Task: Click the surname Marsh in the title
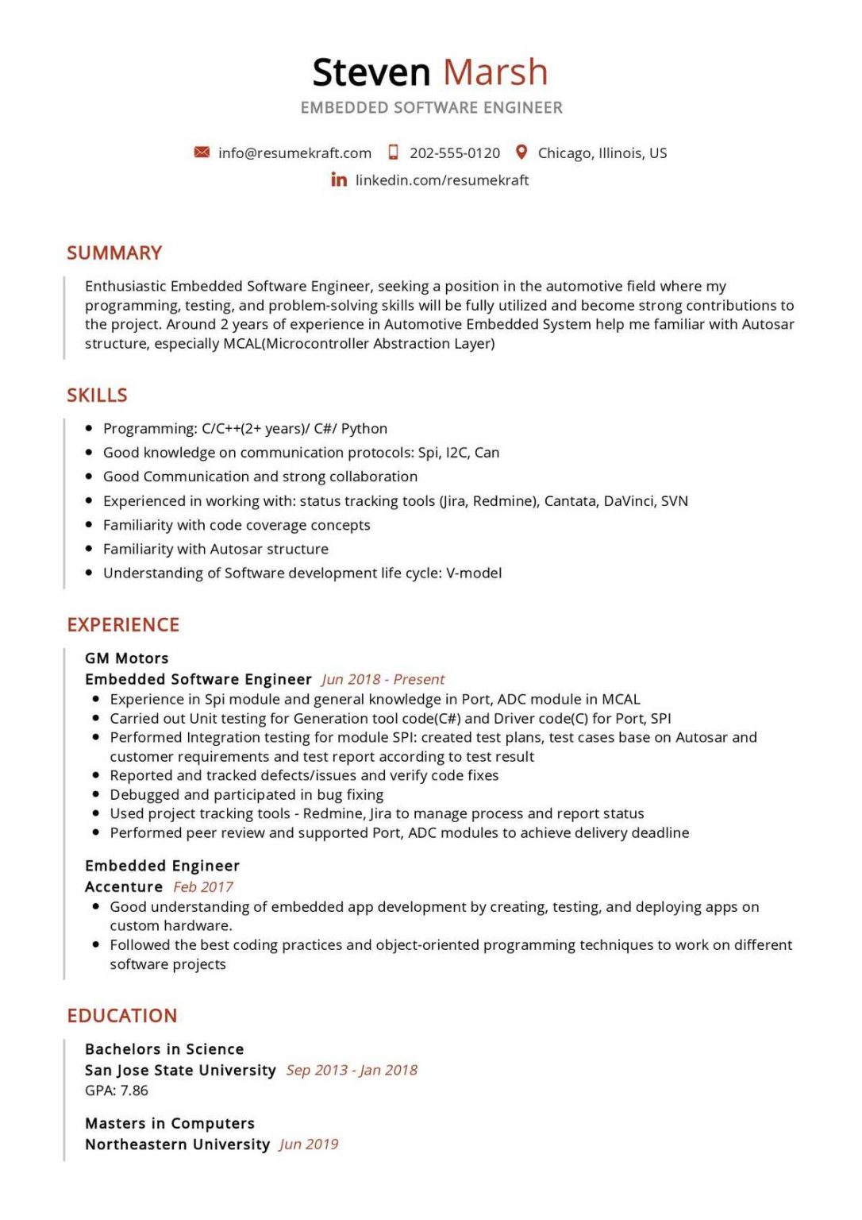495,72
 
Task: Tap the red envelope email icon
202,152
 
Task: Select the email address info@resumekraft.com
294,153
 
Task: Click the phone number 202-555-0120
454,153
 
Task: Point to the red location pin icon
521,152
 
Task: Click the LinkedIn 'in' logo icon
339,180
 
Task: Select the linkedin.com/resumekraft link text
441,180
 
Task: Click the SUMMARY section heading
114,253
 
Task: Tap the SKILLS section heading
97,396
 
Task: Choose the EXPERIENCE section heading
123,625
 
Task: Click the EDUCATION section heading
122,1016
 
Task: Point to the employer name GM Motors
127,658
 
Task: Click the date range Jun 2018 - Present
383,680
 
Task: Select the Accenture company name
124,887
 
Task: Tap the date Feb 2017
203,887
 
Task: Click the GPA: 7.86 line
117,1091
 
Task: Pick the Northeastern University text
177,1145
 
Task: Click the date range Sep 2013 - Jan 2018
352,1071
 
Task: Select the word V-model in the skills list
474,573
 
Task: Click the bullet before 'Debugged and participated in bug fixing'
95,795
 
